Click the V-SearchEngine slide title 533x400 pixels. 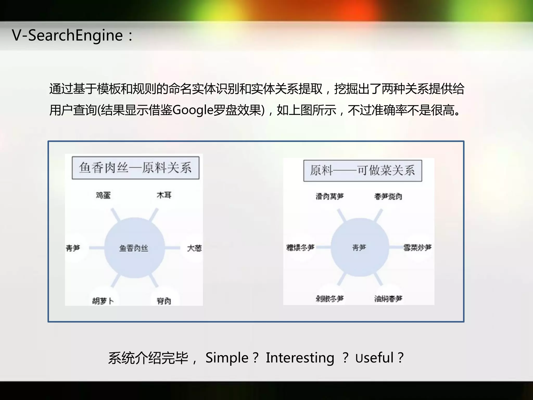(x=68, y=35)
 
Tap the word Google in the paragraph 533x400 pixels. (x=193, y=110)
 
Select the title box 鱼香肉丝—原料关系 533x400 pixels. (x=136, y=168)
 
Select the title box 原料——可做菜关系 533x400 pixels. (x=363, y=171)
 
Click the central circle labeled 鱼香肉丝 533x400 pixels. (x=134, y=248)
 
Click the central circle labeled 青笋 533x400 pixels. (x=359, y=247)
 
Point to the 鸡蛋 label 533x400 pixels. (x=103, y=195)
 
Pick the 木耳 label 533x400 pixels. (x=164, y=195)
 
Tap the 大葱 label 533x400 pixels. (x=194, y=248)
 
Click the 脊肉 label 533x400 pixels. (x=164, y=301)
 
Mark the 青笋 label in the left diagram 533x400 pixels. (x=73, y=248)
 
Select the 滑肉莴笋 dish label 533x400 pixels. (x=330, y=196)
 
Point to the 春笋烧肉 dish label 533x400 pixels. (x=388, y=196)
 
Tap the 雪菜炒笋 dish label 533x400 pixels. (x=417, y=247)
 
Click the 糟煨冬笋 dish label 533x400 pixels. (x=300, y=247)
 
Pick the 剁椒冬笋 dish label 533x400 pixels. (x=330, y=298)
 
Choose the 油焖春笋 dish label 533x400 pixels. (x=388, y=298)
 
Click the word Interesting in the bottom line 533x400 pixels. (x=300, y=358)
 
